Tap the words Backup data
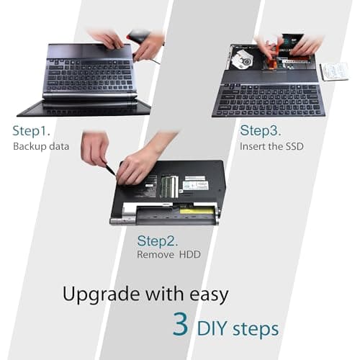(41, 146)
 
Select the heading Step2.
(158, 240)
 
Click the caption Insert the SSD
(271, 146)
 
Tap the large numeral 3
(181, 325)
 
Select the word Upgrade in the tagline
(102, 294)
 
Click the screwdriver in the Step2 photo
(109, 169)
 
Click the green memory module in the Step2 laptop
(170, 186)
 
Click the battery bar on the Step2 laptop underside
(166, 215)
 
